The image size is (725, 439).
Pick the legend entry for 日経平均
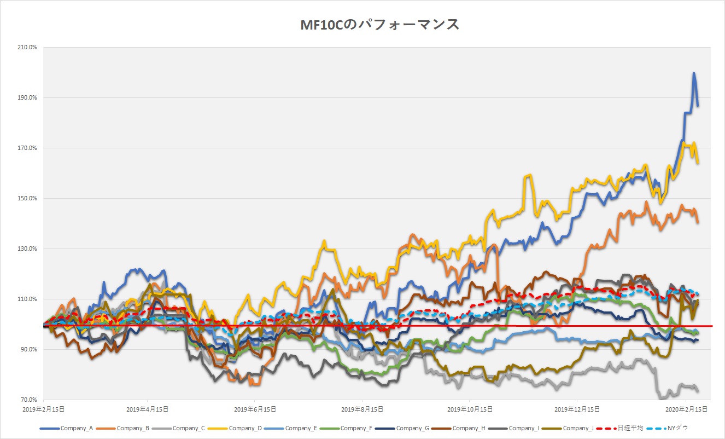click(626, 428)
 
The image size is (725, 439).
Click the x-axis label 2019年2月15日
click(43, 409)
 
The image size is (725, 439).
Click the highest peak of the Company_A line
click(694, 73)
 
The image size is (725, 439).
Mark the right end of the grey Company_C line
click(698, 390)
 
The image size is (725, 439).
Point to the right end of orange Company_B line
click(698, 222)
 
